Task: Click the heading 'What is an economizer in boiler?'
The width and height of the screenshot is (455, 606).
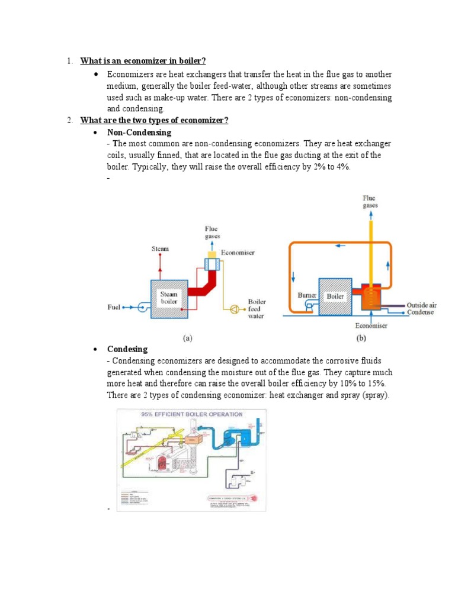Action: [143, 61]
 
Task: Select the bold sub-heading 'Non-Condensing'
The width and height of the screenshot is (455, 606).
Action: [139, 132]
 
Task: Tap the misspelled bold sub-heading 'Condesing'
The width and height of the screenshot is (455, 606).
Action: [127, 349]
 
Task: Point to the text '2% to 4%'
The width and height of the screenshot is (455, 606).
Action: [331, 167]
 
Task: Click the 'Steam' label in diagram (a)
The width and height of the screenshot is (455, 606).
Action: [160, 249]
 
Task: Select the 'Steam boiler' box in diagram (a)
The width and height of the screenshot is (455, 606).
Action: [169, 298]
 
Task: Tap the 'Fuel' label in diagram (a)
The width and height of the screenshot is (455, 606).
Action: [114, 307]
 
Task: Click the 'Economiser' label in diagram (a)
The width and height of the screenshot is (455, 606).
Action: [238, 253]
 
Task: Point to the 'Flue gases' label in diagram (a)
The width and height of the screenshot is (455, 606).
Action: [212, 232]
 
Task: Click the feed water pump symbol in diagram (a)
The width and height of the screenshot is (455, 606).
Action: [236, 308]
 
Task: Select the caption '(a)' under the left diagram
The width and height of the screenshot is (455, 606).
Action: [187, 339]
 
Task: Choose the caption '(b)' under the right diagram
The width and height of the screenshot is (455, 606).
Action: [360, 339]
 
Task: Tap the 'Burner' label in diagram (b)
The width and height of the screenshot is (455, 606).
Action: [307, 295]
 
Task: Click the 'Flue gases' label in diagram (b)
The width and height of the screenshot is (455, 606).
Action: [369, 201]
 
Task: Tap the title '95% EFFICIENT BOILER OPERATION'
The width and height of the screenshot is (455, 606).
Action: [191, 414]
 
